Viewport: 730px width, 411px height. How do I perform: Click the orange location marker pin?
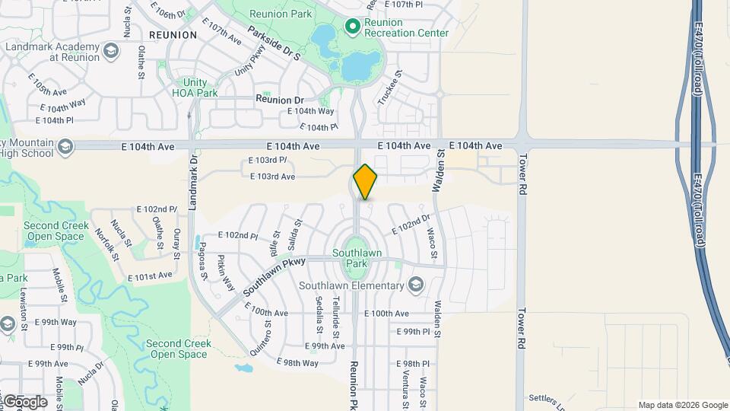coord(365,182)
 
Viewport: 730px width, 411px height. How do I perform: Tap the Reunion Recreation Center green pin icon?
coord(352,27)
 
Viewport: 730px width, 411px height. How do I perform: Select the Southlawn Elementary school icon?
coord(415,285)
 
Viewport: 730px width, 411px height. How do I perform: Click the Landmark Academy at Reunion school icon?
coord(111,52)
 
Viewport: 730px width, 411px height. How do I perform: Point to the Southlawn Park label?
coord(357,258)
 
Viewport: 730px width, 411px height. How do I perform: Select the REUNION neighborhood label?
coord(173,35)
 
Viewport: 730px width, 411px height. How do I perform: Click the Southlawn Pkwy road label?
coord(274,276)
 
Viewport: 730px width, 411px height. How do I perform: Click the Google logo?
coord(24,401)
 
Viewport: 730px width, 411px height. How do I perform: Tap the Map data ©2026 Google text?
coord(682,405)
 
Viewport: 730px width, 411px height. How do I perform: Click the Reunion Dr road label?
coord(279,100)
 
